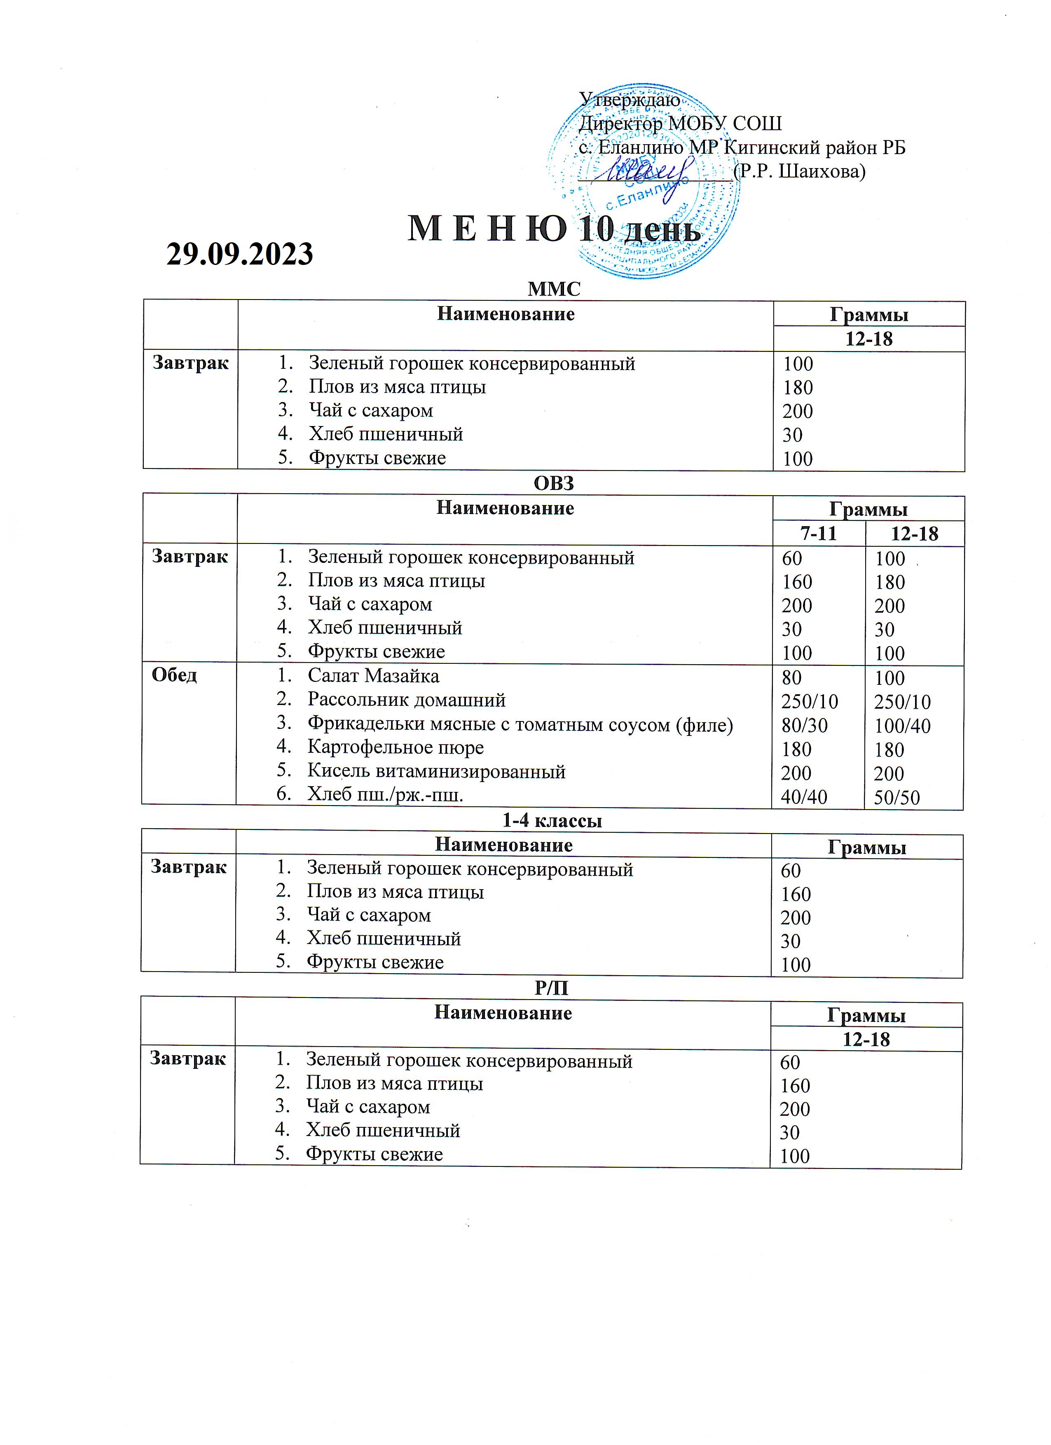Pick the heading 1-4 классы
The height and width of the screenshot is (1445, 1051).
(552, 821)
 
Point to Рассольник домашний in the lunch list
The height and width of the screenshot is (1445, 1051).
(406, 700)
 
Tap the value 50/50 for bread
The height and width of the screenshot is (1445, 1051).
(897, 797)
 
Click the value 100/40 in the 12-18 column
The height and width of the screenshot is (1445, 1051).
(902, 726)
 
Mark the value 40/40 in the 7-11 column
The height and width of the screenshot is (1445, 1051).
(804, 796)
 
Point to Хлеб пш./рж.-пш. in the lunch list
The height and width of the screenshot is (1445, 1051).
(385, 795)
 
